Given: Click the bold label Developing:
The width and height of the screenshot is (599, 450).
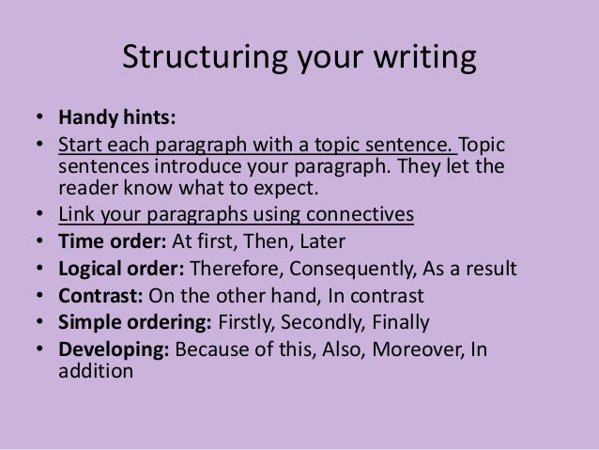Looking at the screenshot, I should [113, 351].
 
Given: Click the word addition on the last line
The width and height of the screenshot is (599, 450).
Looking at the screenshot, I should [96, 371].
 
